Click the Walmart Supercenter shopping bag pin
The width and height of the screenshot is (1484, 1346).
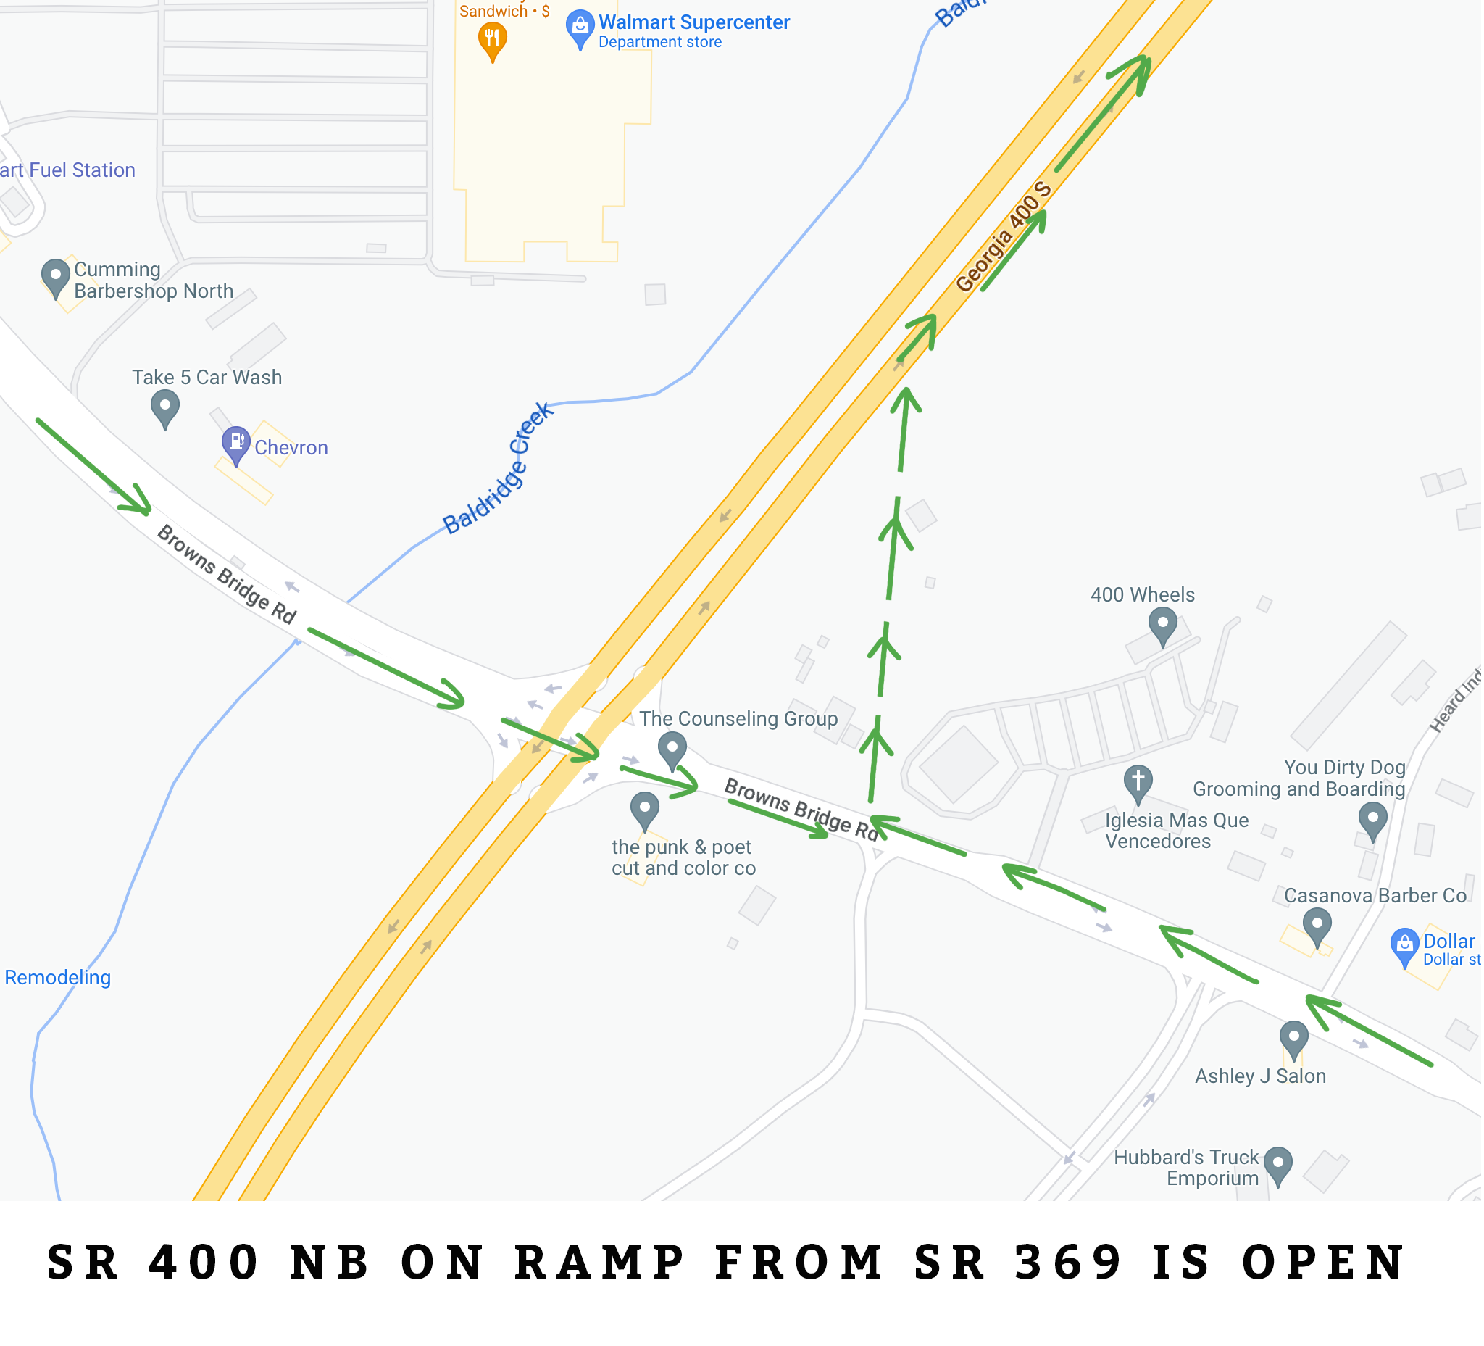pyautogui.click(x=581, y=27)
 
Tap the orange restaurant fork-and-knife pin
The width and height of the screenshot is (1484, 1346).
pyautogui.click(x=493, y=38)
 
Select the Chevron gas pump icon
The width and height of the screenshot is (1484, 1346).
pyautogui.click(x=236, y=443)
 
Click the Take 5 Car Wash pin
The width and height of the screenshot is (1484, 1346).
pyautogui.click(x=165, y=406)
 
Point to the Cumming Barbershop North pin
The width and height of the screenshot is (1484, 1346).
pyautogui.click(x=55, y=276)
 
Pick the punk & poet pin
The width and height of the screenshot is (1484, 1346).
pyautogui.click(x=646, y=809)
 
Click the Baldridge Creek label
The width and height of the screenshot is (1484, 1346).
pyautogui.click(x=499, y=469)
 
